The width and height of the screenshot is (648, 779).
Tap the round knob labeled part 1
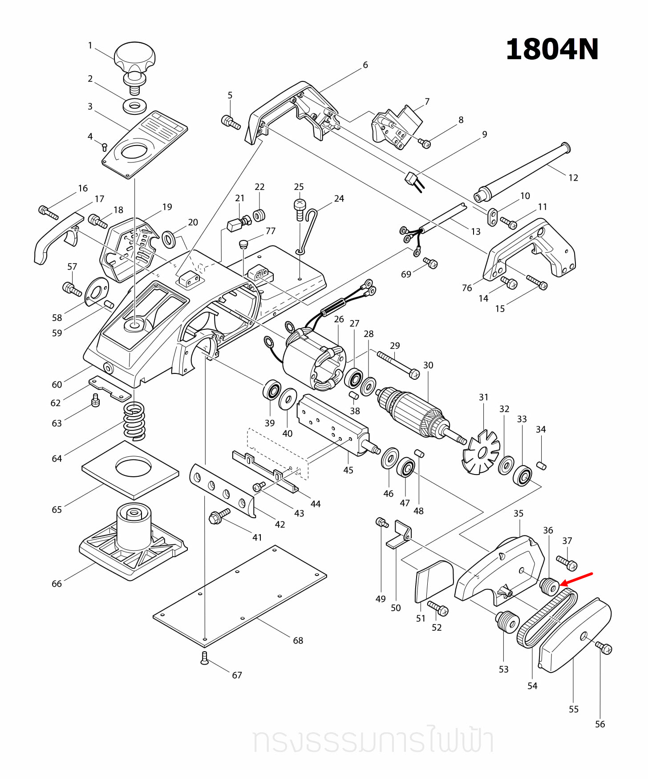tap(134, 57)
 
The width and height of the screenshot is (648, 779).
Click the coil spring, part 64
tap(134, 420)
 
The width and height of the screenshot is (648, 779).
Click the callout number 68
tap(298, 640)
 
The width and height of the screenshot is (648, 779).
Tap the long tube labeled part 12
tap(521, 171)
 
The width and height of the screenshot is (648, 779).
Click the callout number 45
tap(348, 470)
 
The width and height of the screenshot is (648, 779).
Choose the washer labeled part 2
tap(135, 106)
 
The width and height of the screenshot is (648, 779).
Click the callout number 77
tap(271, 231)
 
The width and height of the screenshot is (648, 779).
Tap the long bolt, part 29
tap(398, 363)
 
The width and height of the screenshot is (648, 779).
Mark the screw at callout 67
tap(204, 658)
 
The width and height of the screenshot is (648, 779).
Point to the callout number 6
tap(365, 65)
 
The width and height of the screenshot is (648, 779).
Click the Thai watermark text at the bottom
tap(373, 741)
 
